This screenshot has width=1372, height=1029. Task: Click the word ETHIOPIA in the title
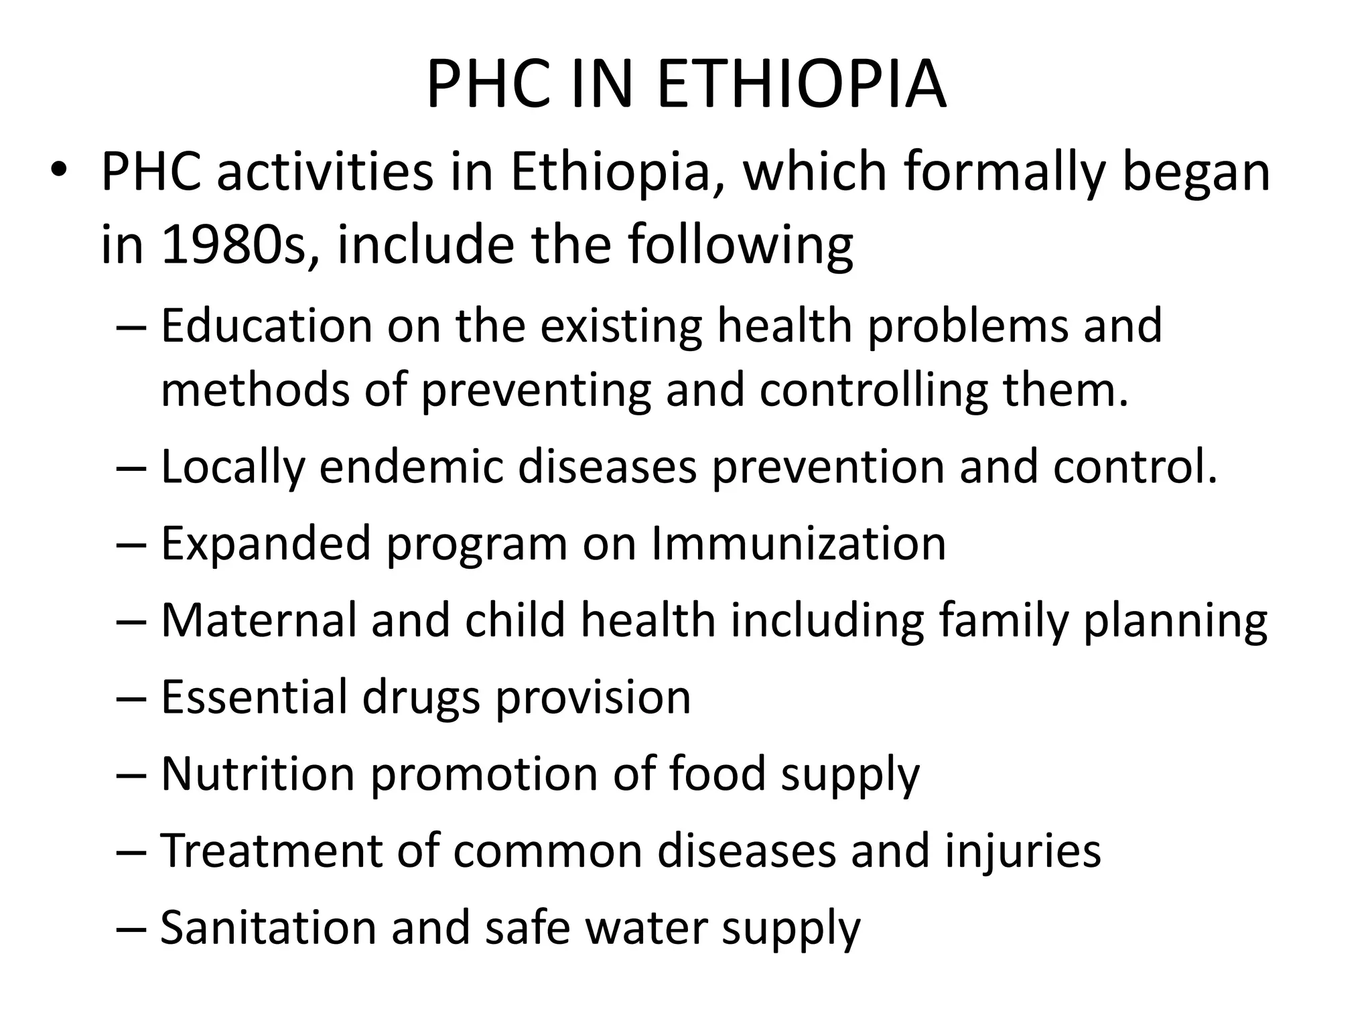click(x=802, y=85)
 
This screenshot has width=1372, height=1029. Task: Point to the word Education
click(x=267, y=326)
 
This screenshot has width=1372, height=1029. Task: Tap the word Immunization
click(x=799, y=543)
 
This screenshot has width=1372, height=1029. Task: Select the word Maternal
click(x=259, y=620)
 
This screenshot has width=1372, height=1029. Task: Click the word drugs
click(x=421, y=697)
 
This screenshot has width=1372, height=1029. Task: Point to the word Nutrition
click(x=258, y=774)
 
